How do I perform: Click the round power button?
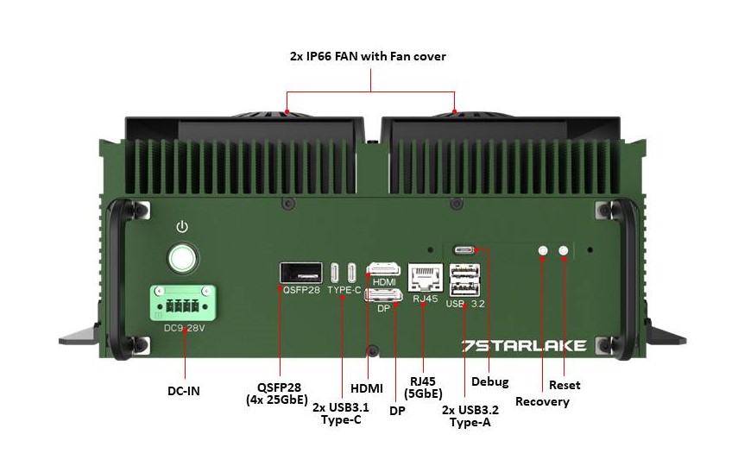point(182,258)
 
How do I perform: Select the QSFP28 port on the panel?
point(300,273)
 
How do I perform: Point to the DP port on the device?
point(383,297)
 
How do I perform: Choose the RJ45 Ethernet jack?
point(425,277)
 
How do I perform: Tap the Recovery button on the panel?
point(543,251)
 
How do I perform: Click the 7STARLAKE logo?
point(524,345)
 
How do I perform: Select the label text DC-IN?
point(183,391)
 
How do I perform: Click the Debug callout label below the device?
point(489,381)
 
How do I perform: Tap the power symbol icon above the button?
point(182,227)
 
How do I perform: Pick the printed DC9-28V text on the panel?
point(184,328)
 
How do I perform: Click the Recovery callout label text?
point(542,401)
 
